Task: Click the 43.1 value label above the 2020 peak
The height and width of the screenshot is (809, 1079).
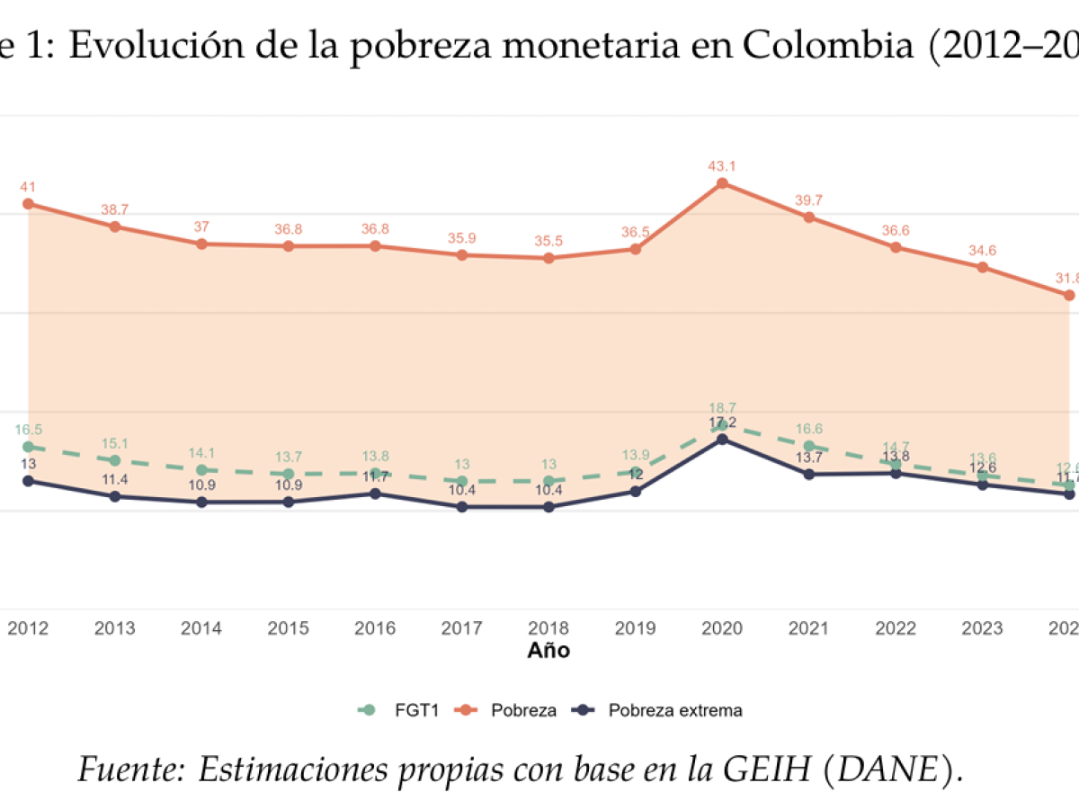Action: coord(721,166)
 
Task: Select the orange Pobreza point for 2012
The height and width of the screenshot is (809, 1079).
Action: coord(28,204)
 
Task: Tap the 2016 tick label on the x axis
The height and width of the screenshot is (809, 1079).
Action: coord(375,628)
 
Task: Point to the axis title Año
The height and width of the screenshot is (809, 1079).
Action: coord(548,650)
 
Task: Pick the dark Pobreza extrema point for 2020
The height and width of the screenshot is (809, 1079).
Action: coord(721,440)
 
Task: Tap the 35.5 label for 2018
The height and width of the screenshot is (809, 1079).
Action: coord(548,241)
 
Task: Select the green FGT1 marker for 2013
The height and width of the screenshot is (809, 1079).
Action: coord(115,460)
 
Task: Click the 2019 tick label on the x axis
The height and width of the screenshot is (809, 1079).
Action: coord(635,628)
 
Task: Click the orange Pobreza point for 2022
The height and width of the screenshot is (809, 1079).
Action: coord(896,247)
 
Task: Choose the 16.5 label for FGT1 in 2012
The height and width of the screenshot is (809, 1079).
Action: coord(28,430)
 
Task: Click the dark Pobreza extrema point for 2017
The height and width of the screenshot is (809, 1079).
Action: coord(461,507)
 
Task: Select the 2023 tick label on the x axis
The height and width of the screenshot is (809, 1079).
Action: coord(982,628)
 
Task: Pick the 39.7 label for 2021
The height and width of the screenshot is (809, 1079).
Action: coord(808,200)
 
